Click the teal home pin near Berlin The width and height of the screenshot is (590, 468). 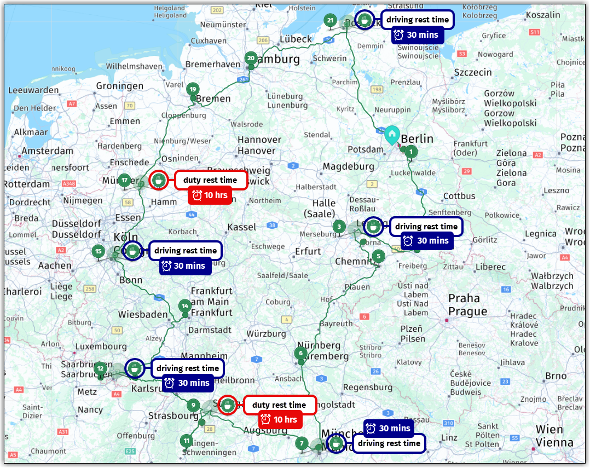(x=392, y=134)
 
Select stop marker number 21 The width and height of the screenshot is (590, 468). (x=330, y=21)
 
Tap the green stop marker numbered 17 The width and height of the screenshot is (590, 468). (x=125, y=180)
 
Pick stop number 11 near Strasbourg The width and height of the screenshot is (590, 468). (x=187, y=441)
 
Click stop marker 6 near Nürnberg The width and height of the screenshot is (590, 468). (x=300, y=353)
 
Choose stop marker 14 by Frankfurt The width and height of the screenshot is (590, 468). (x=185, y=306)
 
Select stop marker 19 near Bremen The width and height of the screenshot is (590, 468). (x=192, y=90)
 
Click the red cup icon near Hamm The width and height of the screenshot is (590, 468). (x=158, y=180)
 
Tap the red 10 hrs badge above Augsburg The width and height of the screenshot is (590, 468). (x=280, y=420)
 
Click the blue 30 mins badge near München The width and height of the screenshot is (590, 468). (x=389, y=428)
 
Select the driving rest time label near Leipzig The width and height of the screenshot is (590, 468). (x=426, y=226)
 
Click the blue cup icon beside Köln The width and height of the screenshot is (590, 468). (x=132, y=251)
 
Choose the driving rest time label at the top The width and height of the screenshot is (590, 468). (x=418, y=20)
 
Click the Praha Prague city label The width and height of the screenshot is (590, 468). (x=464, y=305)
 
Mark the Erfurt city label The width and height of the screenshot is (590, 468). (x=308, y=251)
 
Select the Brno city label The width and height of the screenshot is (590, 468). (x=556, y=376)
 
